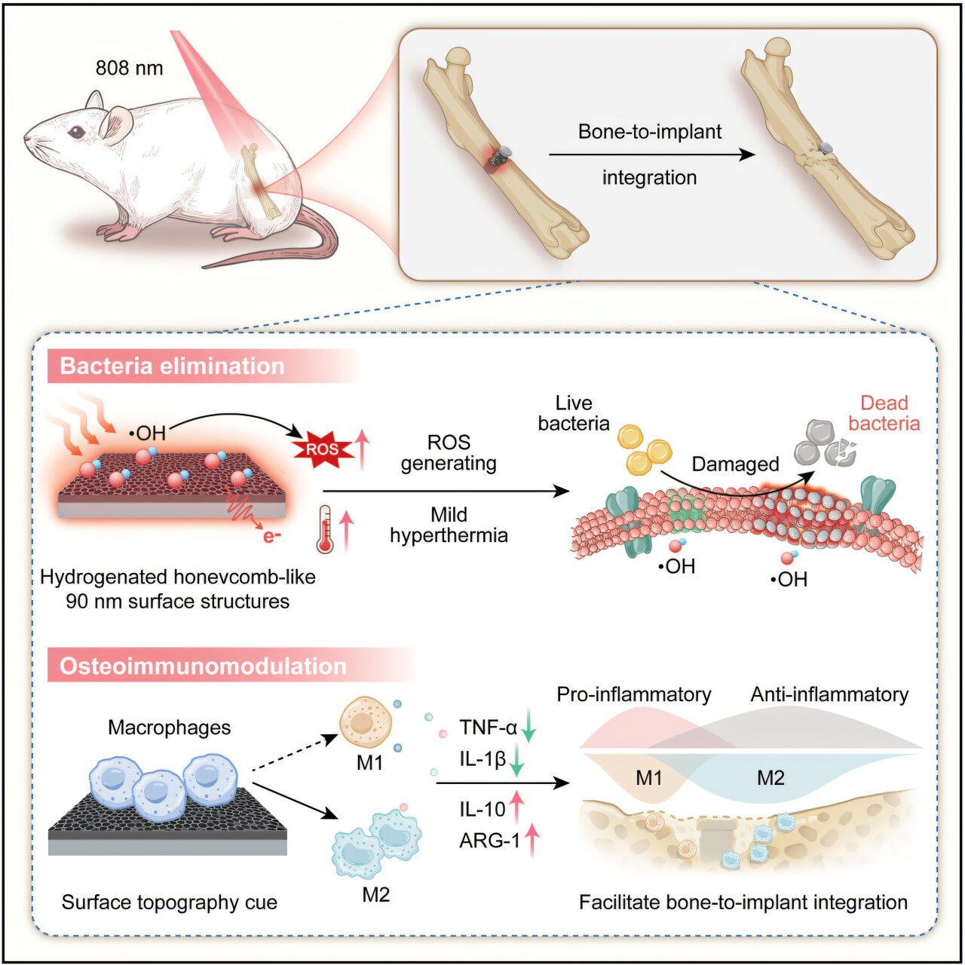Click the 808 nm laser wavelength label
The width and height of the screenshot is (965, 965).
point(129,68)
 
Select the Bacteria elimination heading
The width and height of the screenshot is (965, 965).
point(172,366)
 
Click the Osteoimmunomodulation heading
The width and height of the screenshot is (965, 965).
point(203,666)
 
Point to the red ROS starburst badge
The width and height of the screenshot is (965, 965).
point(322,449)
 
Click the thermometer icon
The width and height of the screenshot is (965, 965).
point(325,530)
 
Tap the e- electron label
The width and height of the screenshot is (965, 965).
point(272,536)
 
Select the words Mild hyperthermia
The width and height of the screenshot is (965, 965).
point(449,525)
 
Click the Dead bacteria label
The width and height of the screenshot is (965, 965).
point(884,413)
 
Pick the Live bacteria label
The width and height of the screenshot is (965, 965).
point(574,413)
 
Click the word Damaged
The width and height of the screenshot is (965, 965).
point(735,464)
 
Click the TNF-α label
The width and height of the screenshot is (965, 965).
point(488,728)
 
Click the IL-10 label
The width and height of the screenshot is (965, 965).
point(482,810)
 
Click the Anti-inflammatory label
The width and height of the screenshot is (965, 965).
point(829,694)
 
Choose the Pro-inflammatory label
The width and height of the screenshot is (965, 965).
point(634,694)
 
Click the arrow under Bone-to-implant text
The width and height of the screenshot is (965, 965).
point(651,155)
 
